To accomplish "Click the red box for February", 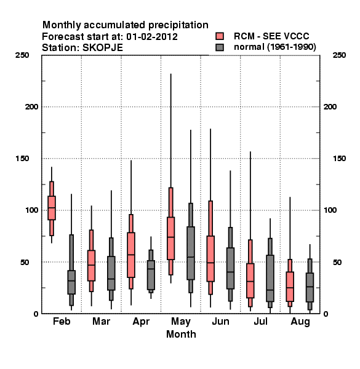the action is pos(52,208).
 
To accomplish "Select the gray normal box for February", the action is pos(71,282).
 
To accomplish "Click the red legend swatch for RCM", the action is pos(220,36).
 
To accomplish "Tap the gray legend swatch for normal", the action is pos(220,47).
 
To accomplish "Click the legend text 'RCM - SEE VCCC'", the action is pos(271,36).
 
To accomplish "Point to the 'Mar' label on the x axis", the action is pos(102,321).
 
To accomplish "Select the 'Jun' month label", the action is pos(220,321).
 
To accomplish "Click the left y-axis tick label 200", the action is pos(31,107).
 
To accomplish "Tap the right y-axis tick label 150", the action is pos(339,159).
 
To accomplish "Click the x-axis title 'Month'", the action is pos(181,334).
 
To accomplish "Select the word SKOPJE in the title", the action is pos(103,47).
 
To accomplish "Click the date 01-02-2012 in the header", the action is pos(152,36).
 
